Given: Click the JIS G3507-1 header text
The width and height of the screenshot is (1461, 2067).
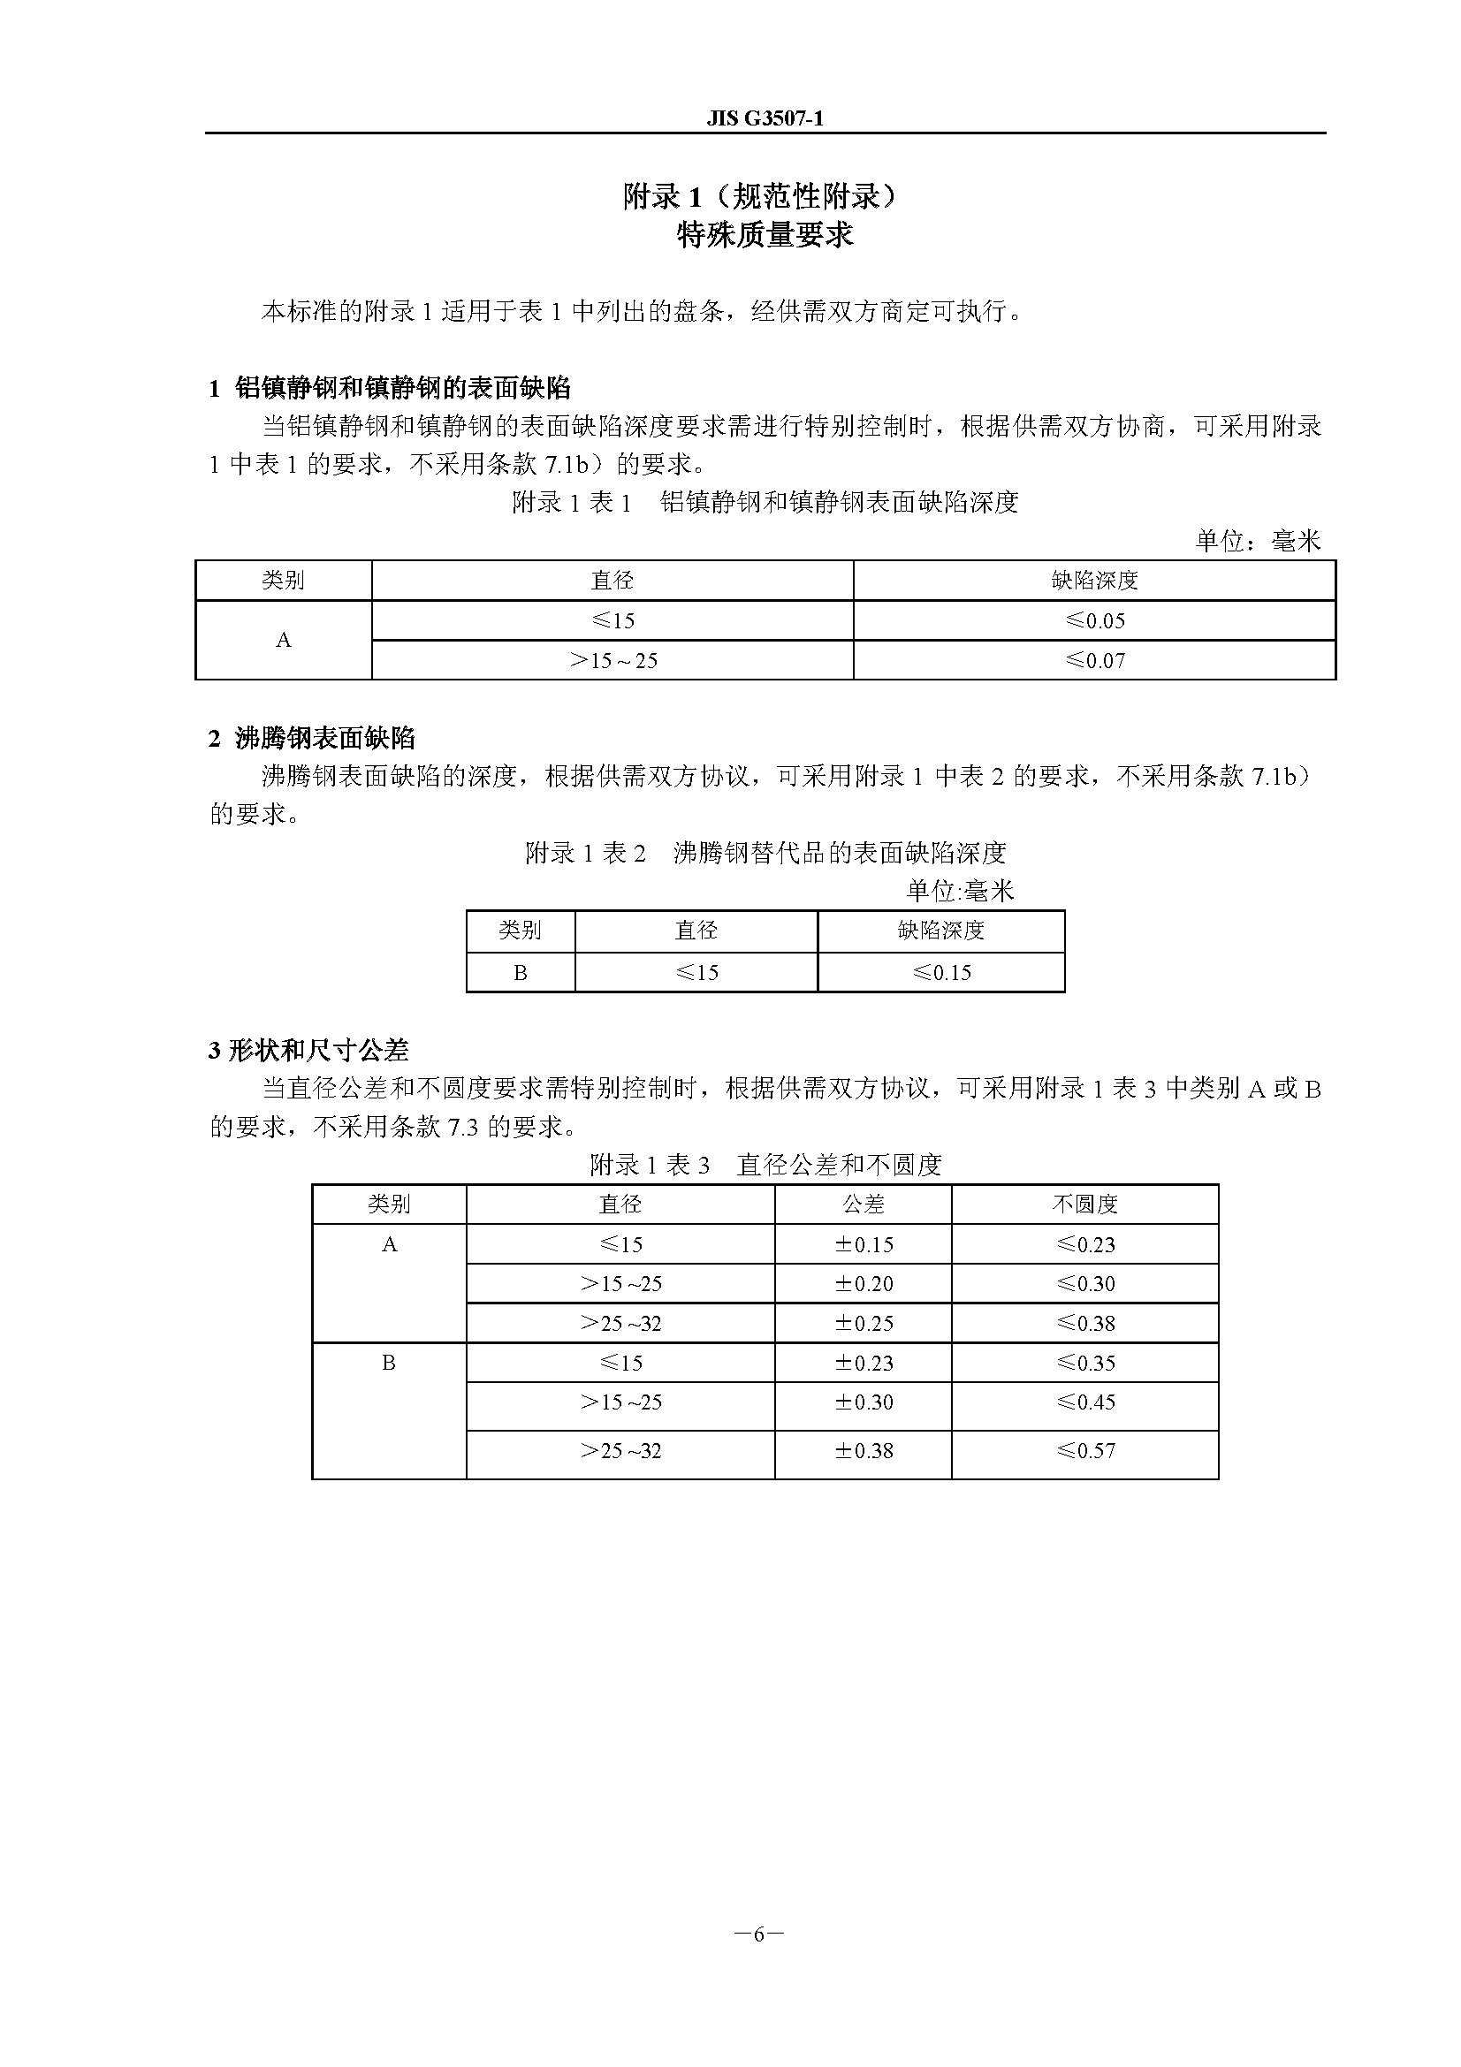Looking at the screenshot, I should pyautogui.click(x=765, y=118).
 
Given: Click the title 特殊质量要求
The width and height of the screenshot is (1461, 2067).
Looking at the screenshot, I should pyautogui.click(x=765, y=235).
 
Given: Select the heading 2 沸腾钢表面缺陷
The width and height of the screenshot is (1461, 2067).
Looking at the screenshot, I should pyautogui.click(x=311, y=738).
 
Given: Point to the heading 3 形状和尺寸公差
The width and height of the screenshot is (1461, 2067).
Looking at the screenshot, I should pyautogui.click(x=308, y=1050).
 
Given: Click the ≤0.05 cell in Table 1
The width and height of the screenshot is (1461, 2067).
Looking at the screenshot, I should pyautogui.click(x=1094, y=620).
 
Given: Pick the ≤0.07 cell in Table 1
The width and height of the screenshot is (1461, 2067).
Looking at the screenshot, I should pyautogui.click(x=1094, y=660).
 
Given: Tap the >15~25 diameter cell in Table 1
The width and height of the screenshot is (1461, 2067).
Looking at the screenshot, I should pyautogui.click(x=613, y=660).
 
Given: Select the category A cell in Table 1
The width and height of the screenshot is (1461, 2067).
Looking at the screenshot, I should pyautogui.click(x=284, y=640).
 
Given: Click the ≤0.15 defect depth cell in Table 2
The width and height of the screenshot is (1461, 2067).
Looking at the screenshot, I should pyautogui.click(x=941, y=972).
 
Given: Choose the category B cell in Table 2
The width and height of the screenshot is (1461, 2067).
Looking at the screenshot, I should pyautogui.click(x=521, y=972).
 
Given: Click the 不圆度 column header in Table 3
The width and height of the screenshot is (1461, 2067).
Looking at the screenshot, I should pyautogui.click(x=1084, y=1204).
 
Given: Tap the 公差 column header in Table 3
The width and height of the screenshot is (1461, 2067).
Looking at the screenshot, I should pyautogui.click(x=864, y=1204).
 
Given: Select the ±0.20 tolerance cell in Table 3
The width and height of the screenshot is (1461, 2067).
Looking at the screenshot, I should pyautogui.click(x=864, y=1284).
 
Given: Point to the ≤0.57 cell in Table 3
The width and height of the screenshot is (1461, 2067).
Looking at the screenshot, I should pyautogui.click(x=1084, y=1450).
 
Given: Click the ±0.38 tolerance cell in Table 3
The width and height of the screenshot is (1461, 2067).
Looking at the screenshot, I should pyautogui.click(x=864, y=1450).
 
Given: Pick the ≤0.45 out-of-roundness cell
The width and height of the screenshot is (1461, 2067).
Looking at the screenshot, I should pyautogui.click(x=1084, y=1402).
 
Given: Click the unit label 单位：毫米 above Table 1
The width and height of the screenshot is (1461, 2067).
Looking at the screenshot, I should pyautogui.click(x=1258, y=540).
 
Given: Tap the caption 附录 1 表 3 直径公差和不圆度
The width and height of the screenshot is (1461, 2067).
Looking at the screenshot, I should pyautogui.click(x=765, y=1165).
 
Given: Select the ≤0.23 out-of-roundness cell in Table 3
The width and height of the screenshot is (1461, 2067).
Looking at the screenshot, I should pyautogui.click(x=1084, y=1244).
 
